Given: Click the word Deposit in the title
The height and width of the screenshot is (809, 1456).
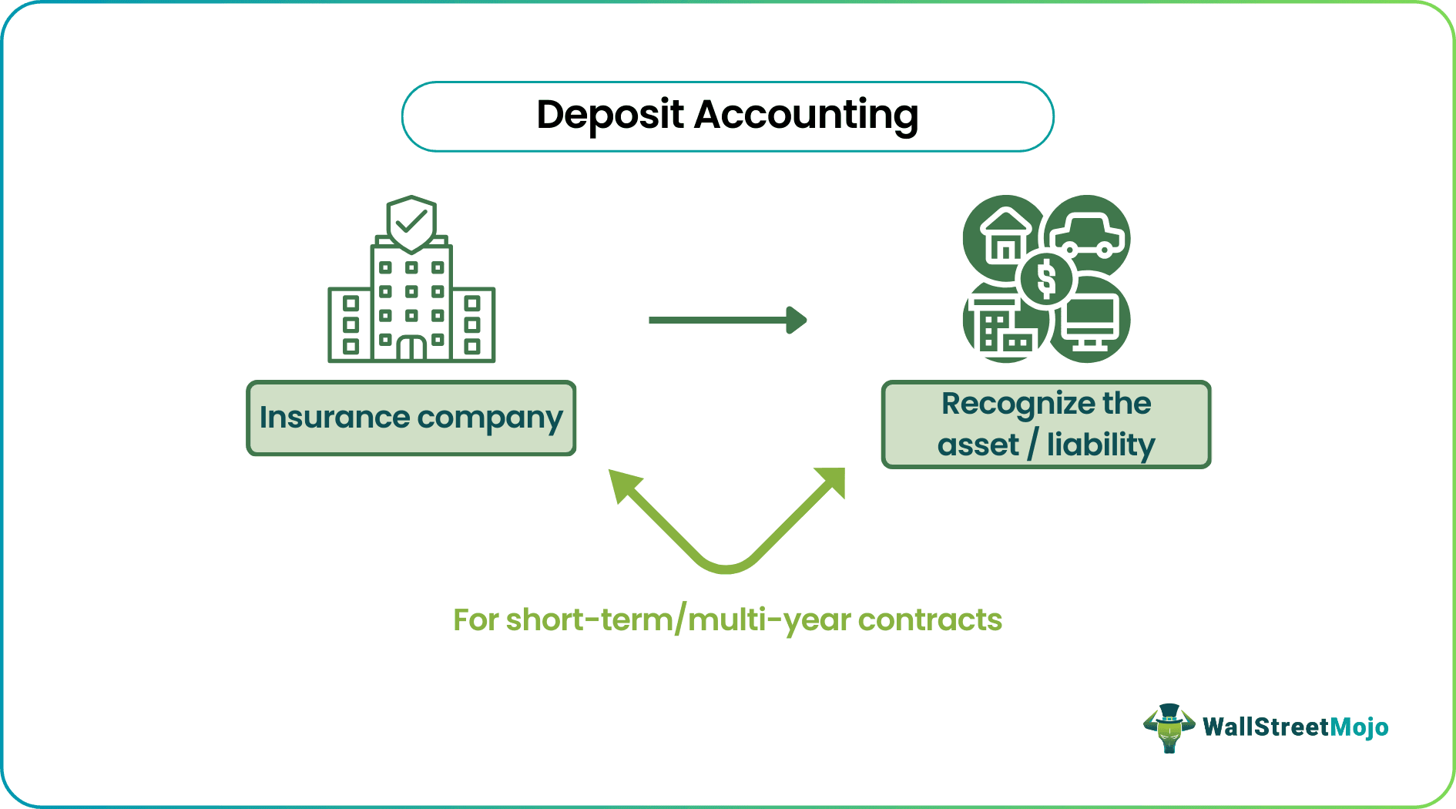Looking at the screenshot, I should click(609, 116).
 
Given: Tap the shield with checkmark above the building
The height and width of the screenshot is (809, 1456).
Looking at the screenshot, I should click(411, 223).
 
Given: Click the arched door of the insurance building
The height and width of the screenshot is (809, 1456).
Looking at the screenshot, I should click(411, 348).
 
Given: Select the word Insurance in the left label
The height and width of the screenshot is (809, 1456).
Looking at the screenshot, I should click(334, 418).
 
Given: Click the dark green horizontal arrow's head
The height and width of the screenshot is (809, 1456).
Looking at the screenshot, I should click(797, 320).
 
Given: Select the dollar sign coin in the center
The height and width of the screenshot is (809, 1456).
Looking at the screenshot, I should click(1046, 278).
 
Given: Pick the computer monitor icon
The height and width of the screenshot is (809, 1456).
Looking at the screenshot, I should click(1089, 322).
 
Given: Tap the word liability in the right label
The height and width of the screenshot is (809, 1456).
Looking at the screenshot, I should click(1101, 445).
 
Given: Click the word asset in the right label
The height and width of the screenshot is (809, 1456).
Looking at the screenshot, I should click(978, 445).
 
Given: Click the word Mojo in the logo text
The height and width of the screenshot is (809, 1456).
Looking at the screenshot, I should click(1359, 727).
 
